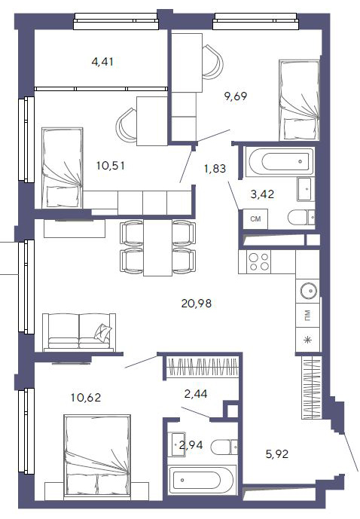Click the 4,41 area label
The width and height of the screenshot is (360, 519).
(x=102, y=62)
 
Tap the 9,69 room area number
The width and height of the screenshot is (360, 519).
(x=236, y=96)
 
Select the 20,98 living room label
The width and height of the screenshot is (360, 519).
(x=197, y=303)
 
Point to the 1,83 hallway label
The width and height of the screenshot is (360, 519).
(x=215, y=169)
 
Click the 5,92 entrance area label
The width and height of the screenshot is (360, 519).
(x=277, y=453)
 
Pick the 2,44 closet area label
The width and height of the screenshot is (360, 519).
(x=196, y=393)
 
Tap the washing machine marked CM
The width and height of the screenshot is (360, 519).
(x=255, y=218)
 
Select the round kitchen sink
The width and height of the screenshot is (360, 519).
(x=308, y=291)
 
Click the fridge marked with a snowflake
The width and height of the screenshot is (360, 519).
(x=308, y=340)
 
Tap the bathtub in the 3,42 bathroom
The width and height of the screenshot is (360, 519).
(x=279, y=162)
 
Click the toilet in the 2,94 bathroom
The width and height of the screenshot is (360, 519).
(x=224, y=447)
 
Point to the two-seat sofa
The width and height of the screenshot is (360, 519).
(x=79, y=332)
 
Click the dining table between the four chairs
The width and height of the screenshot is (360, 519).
(x=157, y=248)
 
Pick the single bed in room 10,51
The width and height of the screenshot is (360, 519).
(x=63, y=168)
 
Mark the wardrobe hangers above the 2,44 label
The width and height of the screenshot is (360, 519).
(x=202, y=367)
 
